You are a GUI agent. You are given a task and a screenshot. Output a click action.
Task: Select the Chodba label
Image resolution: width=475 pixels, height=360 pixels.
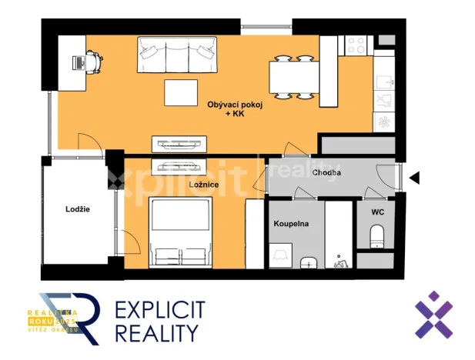[327, 173]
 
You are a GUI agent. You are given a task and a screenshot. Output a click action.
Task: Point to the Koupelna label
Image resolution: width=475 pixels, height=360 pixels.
[291, 223]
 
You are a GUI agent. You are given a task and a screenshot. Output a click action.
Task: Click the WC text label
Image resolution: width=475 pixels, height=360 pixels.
[377, 211]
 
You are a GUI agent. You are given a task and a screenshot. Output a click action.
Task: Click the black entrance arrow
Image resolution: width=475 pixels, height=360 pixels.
[414, 178]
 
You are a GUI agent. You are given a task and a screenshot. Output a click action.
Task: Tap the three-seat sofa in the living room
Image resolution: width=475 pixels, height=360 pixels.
[176, 54]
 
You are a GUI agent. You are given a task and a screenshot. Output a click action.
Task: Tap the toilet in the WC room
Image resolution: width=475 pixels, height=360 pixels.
[377, 235]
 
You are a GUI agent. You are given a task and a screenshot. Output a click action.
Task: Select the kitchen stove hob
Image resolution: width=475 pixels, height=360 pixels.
[358, 45]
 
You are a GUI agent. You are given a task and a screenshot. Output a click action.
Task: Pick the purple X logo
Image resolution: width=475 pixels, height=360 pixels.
[433, 315]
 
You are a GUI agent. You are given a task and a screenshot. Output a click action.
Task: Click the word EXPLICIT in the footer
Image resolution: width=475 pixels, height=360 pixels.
[160, 311]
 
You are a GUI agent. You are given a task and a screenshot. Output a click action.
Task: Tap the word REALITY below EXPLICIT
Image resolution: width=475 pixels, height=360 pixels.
[157, 333]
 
